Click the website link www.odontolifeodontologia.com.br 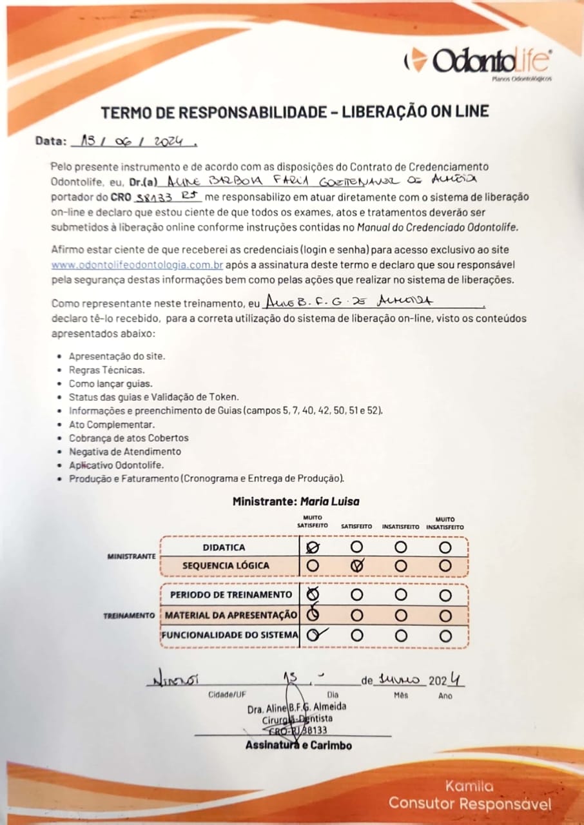tap(138, 265)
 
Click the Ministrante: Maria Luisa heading tap(296, 501)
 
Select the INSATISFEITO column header tap(400, 527)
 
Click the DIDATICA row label tap(224, 547)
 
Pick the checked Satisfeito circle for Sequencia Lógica tap(357, 565)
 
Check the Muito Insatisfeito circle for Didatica tap(445, 547)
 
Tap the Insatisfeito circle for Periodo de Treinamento tap(401, 594)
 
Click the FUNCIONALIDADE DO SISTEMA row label tap(230, 635)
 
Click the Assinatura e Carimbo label tap(298, 746)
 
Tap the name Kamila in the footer tap(469, 786)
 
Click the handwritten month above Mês tap(400, 681)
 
